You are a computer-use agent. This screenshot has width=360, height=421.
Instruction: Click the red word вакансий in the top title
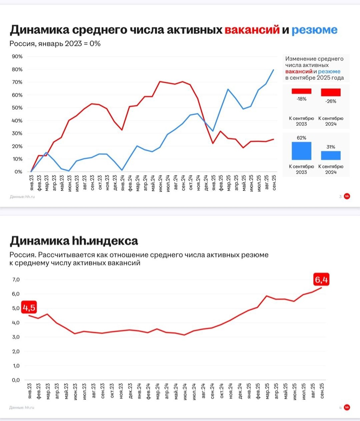pos(252,30)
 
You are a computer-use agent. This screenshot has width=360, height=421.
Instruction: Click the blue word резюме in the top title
pos(314,30)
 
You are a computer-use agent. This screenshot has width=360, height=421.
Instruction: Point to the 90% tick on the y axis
pos(17,56)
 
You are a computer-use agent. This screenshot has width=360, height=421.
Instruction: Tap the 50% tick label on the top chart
pos(17,108)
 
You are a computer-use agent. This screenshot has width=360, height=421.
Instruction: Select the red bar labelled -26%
pos(331,92)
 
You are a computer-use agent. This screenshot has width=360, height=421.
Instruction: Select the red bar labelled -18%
pos(301,91)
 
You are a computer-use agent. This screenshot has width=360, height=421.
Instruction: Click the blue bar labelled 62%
pos(301,151)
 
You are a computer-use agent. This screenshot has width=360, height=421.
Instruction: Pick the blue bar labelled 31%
pos(331,155)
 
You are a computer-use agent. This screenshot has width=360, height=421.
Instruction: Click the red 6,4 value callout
pos(322,280)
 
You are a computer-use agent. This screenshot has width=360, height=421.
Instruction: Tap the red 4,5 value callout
pos(30,308)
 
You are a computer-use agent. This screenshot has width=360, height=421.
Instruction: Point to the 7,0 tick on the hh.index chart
pos(16,280)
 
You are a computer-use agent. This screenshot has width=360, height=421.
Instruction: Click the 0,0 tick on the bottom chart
pos(16,380)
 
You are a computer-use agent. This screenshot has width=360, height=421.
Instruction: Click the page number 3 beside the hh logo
pos(340,196)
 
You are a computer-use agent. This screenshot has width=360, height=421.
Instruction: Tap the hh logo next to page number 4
pos(347,407)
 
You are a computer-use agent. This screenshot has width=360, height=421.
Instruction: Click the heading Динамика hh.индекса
pos(74,241)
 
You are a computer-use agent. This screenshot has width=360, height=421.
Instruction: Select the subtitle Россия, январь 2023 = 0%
pos(55,44)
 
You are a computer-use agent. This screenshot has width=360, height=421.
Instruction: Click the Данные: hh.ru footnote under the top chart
pos(23,196)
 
